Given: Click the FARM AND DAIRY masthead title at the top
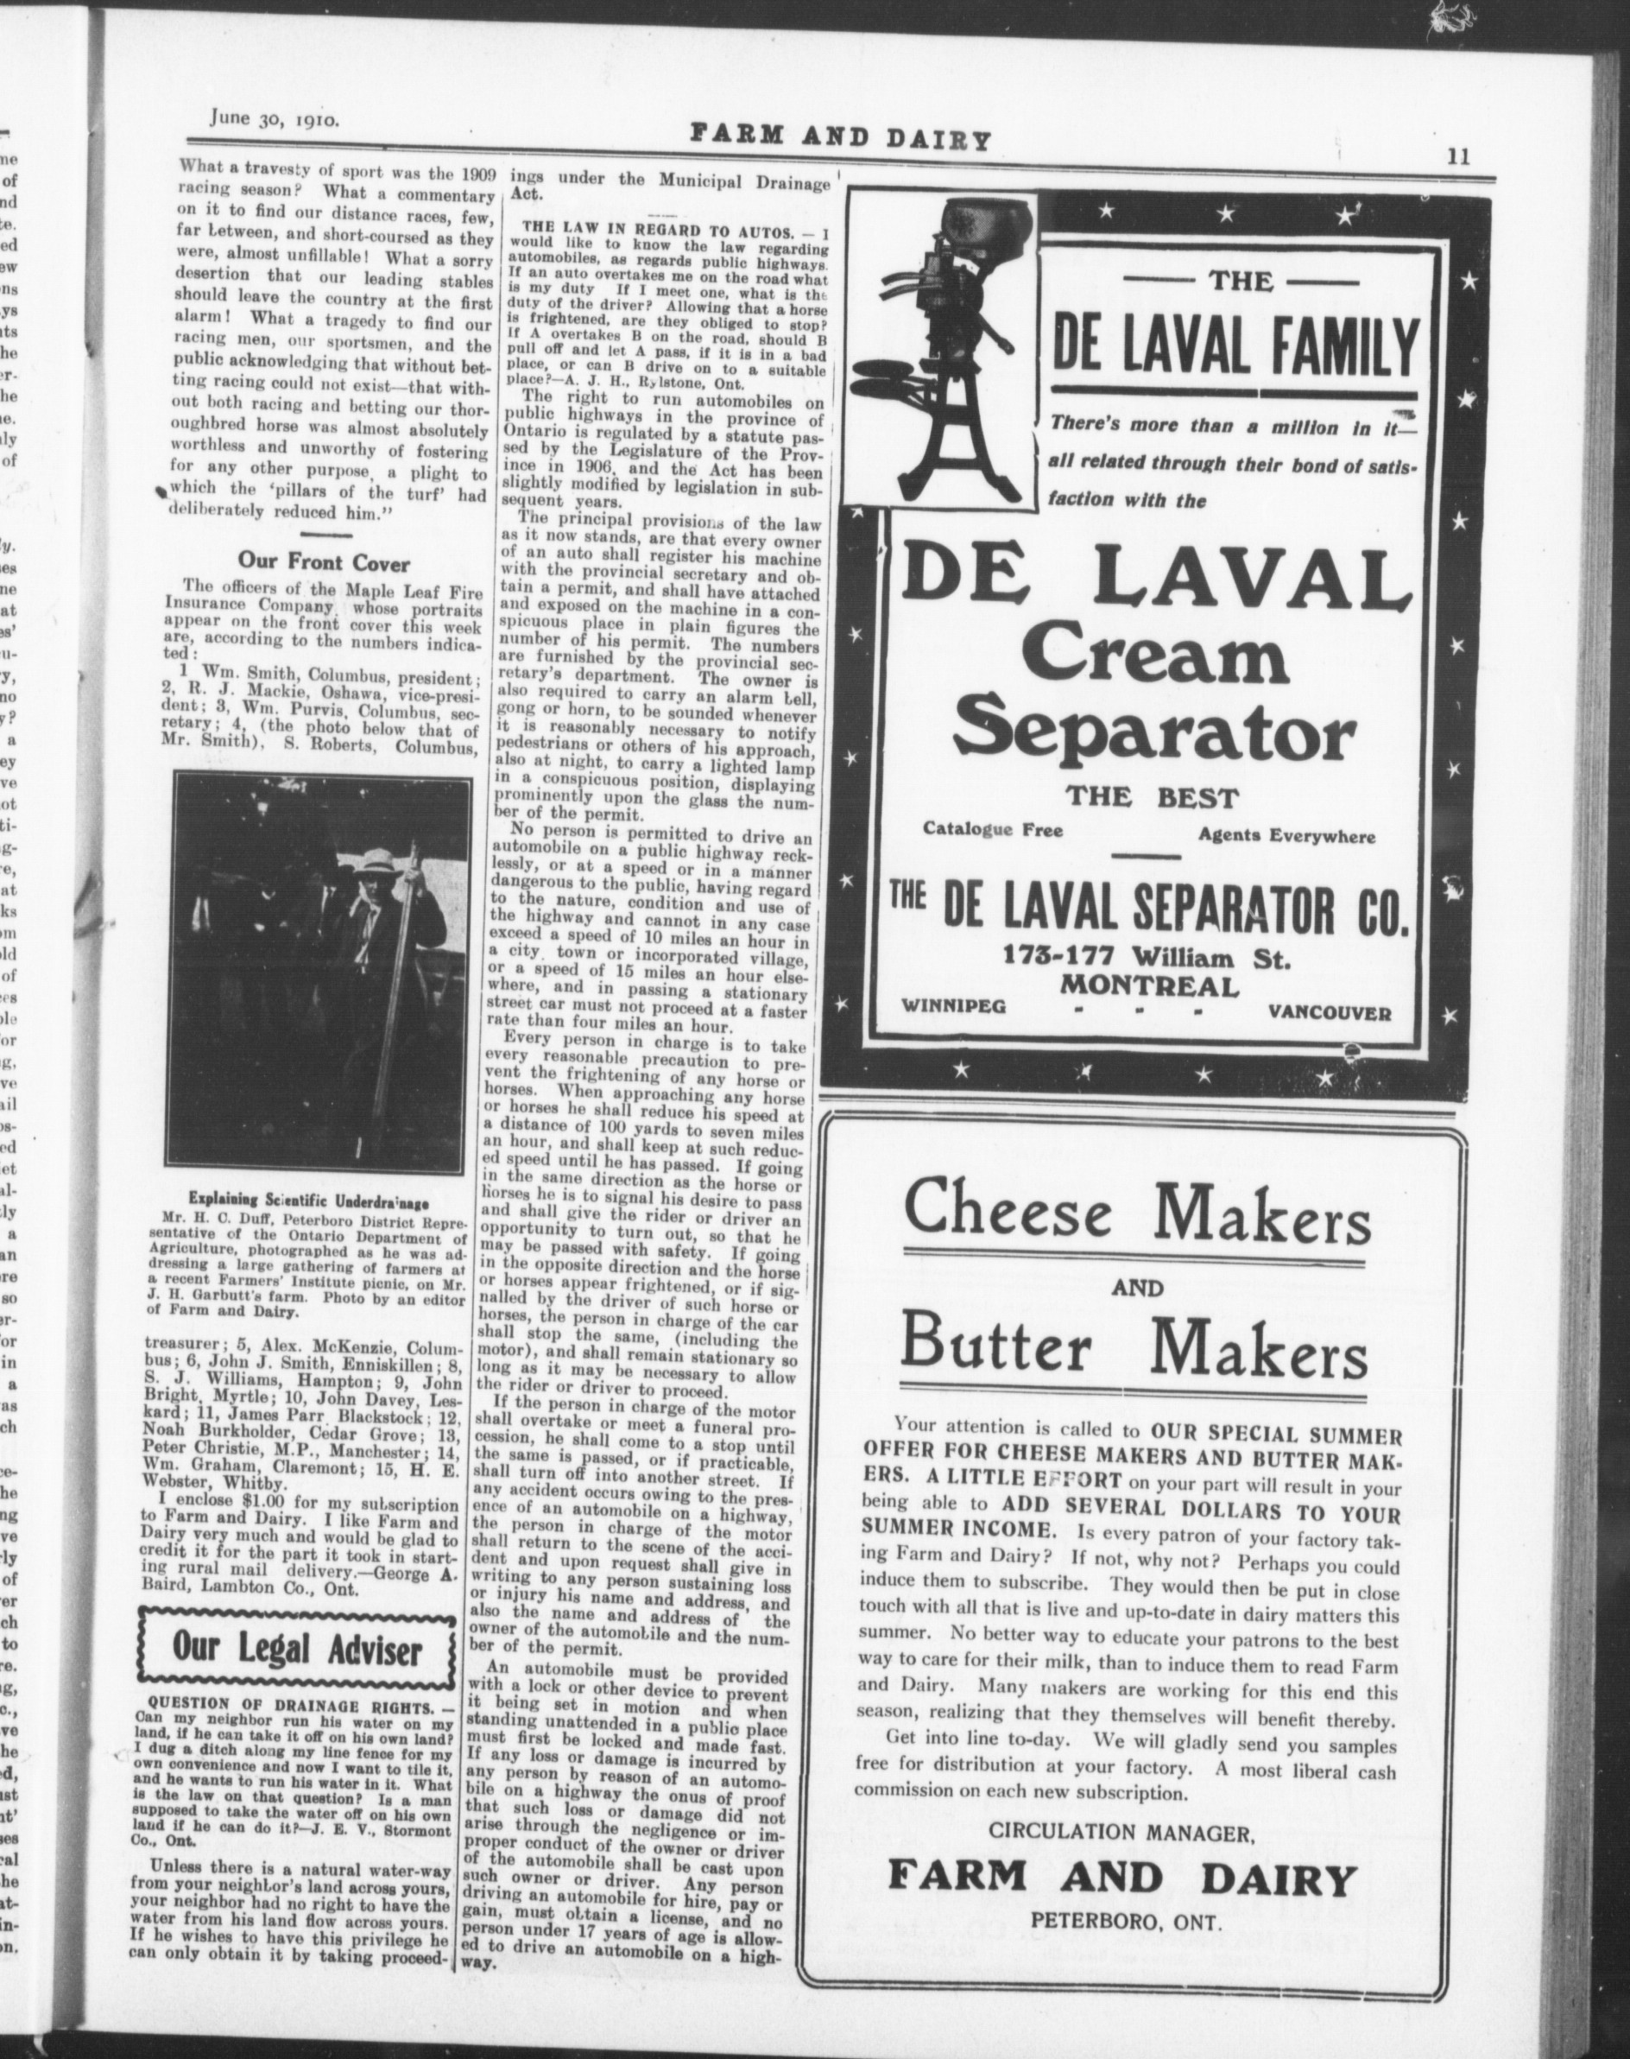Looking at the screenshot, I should click(841, 136).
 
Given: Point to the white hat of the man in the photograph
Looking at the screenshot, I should click(372, 860).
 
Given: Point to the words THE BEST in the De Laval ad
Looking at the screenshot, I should click(1152, 798).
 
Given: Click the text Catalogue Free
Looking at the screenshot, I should click(993, 829).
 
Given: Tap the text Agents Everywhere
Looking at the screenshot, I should click(1286, 836).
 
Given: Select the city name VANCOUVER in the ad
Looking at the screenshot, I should click(1330, 1013).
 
